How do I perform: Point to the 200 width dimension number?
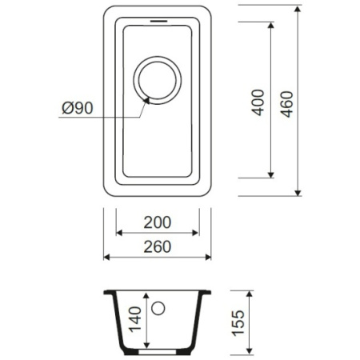tap(158, 222)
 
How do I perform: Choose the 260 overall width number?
tap(158, 246)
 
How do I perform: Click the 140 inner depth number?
tap(134, 322)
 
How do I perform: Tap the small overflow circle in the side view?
tap(158, 308)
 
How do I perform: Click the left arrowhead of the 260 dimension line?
tap(107, 257)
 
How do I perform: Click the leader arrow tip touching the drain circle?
tap(146, 100)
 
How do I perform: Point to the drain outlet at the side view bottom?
tap(158, 350)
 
